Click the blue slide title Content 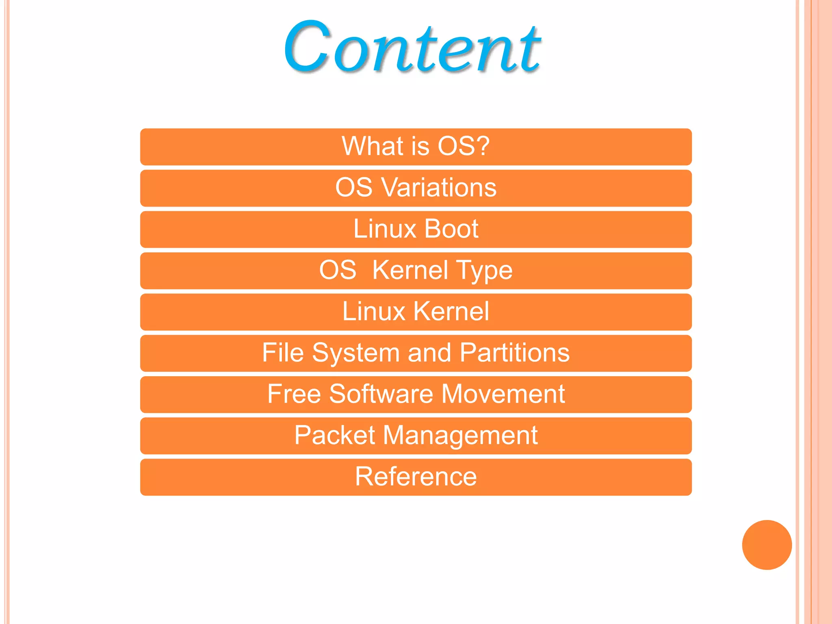pos(412,48)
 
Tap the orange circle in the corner pos(767,545)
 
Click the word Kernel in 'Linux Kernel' pos(452,311)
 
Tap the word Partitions pos(515,353)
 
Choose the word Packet pos(334,435)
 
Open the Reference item pos(416,477)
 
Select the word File pos(283,353)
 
